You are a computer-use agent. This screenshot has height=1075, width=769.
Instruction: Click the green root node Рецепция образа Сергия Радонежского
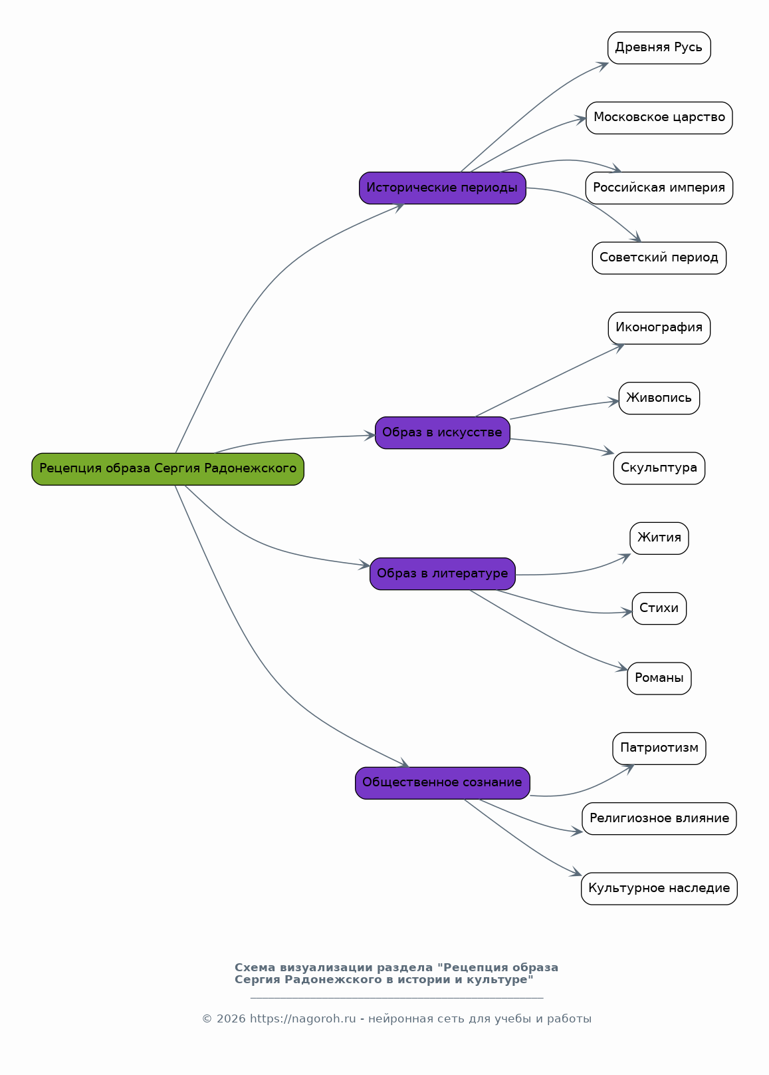pyautogui.click(x=167, y=469)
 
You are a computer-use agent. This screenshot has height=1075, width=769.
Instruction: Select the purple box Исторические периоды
pyautogui.click(x=443, y=188)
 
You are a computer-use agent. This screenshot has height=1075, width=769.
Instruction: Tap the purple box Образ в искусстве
pyautogui.click(x=443, y=432)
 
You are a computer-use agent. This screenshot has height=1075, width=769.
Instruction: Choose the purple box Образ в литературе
pyautogui.click(x=443, y=573)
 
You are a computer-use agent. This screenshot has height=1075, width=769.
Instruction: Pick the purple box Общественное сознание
pyautogui.click(x=443, y=783)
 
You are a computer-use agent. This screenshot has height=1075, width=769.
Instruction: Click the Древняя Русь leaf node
pyautogui.click(x=659, y=47)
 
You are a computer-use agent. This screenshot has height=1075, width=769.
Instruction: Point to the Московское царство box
pyautogui.click(x=659, y=118)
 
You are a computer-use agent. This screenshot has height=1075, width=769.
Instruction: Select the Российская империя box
pyautogui.click(x=659, y=188)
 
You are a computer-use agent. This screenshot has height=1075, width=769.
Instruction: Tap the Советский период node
pyautogui.click(x=659, y=257)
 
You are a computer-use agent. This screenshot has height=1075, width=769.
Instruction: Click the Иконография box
pyautogui.click(x=659, y=328)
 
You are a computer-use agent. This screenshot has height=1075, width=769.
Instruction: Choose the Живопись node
pyautogui.click(x=659, y=398)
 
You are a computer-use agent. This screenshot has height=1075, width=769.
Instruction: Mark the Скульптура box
pyautogui.click(x=659, y=468)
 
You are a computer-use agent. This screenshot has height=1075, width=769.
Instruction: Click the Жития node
pyautogui.click(x=659, y=538)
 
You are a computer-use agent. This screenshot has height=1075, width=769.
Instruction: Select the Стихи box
pyautogui.click(x=659, y=608)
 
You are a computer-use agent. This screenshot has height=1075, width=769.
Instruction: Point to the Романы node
pyautogui.click(x=659, y=678)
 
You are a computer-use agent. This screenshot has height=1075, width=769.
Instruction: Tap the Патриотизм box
pyautogui.click(x=659, y=748)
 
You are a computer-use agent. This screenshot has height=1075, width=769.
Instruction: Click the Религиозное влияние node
pyautogui.click(x=659, y=818)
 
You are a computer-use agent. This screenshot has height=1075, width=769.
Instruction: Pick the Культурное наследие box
pyautogui.click(x=659, y=888)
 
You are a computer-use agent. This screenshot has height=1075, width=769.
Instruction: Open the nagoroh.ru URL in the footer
pyautogui.click(x=303, y=1019)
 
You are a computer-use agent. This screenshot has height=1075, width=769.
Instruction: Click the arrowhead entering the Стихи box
pyautogui.click(x=627, y=612)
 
